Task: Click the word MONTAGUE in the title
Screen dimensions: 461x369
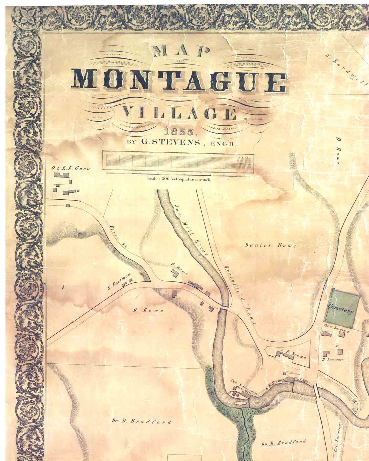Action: tap(179, 80)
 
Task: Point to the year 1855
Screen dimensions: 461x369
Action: tap(179, 132)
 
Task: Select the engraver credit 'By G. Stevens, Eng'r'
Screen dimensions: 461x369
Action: tap(181, 143)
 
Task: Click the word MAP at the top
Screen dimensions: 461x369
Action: tap(181, 51)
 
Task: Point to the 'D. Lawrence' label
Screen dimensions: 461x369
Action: tap(332, 359)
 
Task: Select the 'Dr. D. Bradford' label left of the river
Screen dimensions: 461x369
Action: tap(141, 421)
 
